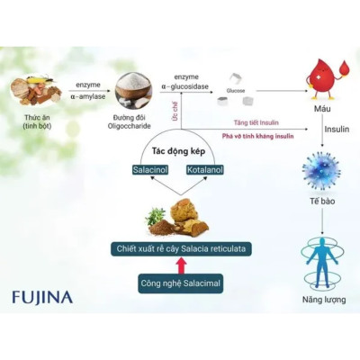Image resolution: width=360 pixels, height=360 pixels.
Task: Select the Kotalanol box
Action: pyautogui.click(x=204, y=168)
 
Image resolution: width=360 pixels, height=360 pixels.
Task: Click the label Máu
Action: pyautogui.click(x=320, y=113)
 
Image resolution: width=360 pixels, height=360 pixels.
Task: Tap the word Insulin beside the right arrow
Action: pyautogui.click(x=337, y=130)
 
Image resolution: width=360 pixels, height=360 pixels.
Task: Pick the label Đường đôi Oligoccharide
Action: pyautogui.click(x=131, y=121)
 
